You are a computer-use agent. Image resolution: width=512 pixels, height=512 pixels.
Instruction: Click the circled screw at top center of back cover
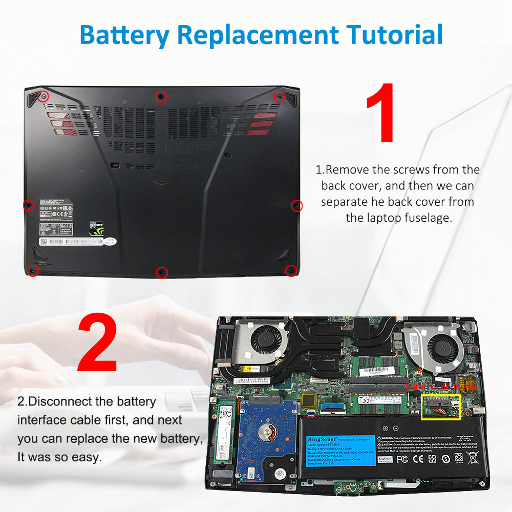161,96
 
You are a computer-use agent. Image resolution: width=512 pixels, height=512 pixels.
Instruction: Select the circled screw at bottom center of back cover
161,272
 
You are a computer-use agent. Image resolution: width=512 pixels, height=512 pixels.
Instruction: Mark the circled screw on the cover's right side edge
296,206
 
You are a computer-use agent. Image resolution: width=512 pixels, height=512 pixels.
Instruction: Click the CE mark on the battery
418,459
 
